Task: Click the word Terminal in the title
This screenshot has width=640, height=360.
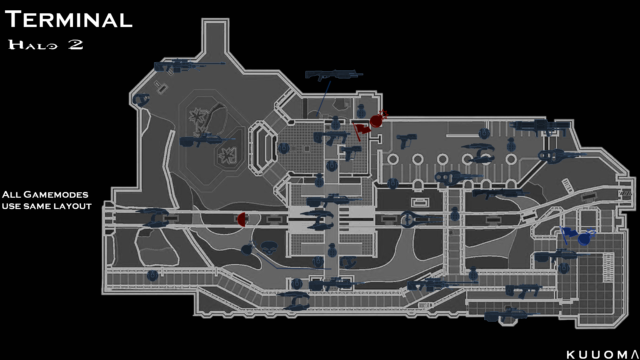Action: (x=69, y=19)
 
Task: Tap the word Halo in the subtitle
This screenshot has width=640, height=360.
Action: (x=33, y=45)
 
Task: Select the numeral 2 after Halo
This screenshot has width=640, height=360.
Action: (x=76, y=44)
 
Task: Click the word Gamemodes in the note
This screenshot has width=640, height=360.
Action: (x=56, y=195)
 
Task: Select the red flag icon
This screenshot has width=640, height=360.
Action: (x=361, y=129)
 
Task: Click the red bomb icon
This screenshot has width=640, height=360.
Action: (x=376, y=121)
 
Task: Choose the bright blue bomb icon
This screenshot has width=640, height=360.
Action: (x=584, y=239)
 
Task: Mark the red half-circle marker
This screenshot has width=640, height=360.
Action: (x=242, y=220)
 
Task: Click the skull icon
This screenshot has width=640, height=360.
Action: (x=269, y=248)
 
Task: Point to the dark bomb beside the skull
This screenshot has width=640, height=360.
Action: (x=247, y=249)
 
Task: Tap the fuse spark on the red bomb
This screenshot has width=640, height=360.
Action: (x=384, y=114)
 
